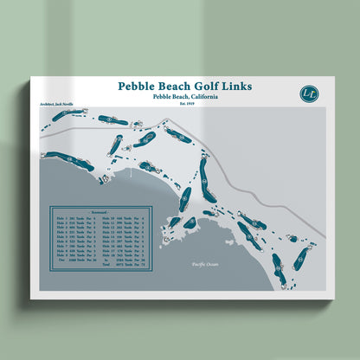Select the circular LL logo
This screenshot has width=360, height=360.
pos(308,93)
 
